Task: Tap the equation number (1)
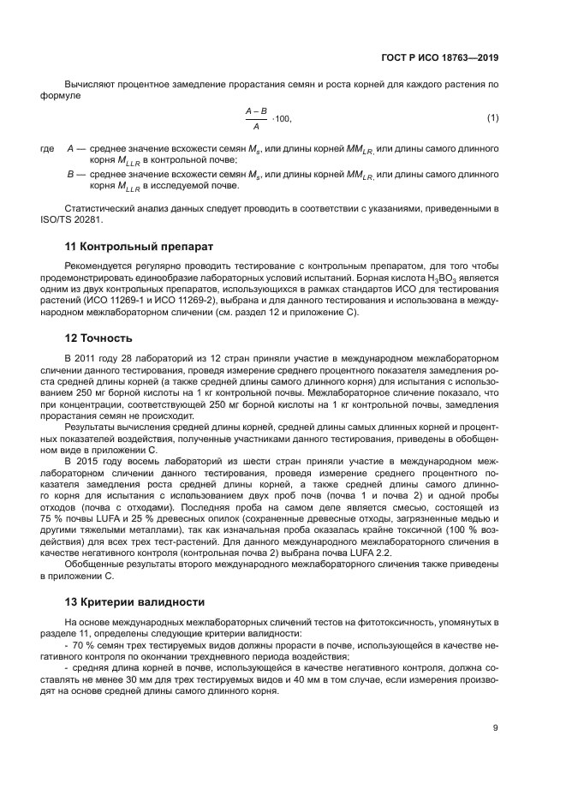tap(492, 117)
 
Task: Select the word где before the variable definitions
tap(47, 149)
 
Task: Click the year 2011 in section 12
tap(84, 356)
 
